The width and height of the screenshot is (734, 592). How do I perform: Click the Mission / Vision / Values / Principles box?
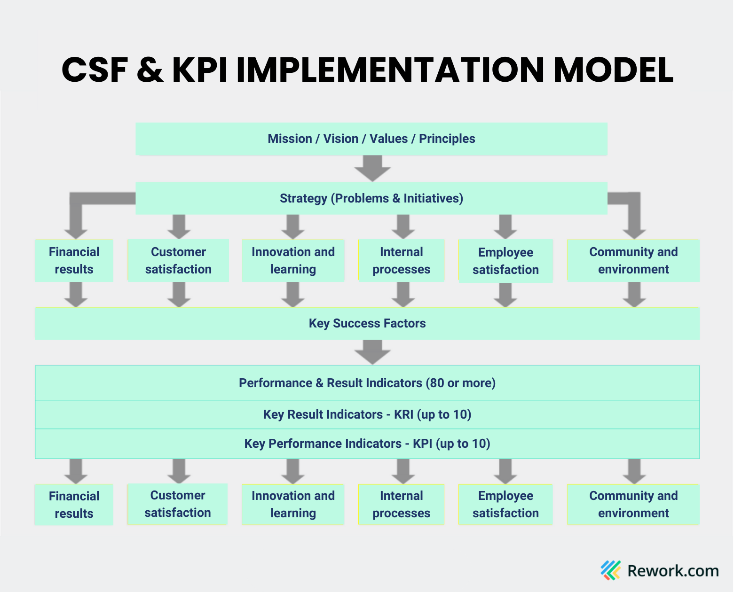click(371, 139)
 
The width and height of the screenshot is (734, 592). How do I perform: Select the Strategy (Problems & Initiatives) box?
click(371, 198)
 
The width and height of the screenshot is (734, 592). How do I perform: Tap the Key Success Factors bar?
click(367, 323)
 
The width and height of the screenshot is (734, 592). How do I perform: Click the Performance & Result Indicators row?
click(367, 383)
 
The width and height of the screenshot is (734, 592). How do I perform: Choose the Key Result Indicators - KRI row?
click(367, 415)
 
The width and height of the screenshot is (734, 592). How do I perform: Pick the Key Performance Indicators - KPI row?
click(367, 444)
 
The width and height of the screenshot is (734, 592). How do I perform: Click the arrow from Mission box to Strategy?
click(372, 168)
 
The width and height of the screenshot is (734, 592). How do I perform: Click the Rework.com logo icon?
click(611, 570)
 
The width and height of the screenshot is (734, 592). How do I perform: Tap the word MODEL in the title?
click(613, 70)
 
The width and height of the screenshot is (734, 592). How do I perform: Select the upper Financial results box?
click(74, 261)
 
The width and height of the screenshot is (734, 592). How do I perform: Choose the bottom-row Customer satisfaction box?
click(177, 504)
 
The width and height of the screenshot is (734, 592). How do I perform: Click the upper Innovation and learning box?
click(293, 261)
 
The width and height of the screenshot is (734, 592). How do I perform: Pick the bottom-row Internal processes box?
click(401, 505)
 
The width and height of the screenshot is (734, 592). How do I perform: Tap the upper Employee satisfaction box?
click(505, 261)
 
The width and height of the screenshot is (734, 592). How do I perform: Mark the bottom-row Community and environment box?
click(633, 505)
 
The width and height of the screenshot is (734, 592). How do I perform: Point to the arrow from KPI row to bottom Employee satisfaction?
click(505, 471)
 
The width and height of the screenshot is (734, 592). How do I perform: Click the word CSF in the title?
click(95, 70)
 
